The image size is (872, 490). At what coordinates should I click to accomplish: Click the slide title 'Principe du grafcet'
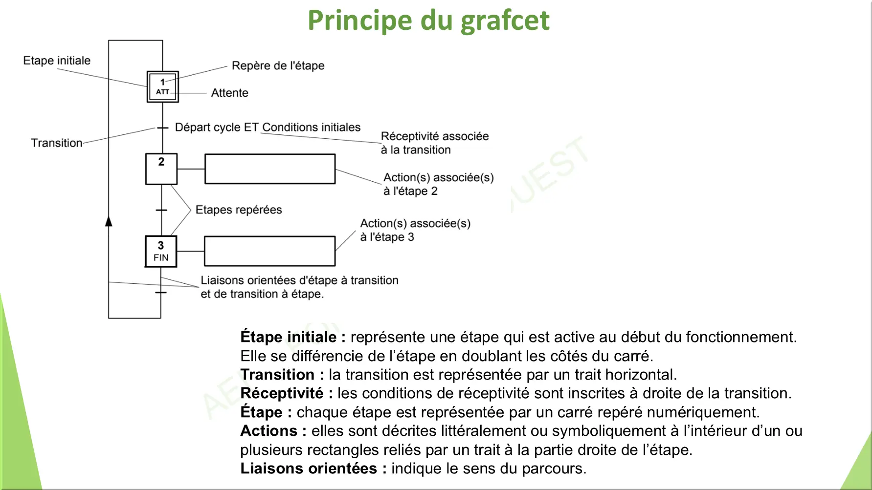pos(428,21)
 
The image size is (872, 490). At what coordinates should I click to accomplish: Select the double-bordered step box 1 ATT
pos(163,87)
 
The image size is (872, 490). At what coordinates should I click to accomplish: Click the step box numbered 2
pos(161,169)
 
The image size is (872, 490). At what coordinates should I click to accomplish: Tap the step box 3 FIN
pos(161,252)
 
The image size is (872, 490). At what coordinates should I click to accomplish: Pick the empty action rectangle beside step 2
pos(270,169)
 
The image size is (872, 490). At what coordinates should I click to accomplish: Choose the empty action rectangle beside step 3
pos(269,251)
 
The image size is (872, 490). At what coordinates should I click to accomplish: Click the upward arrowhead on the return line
pos(109,222)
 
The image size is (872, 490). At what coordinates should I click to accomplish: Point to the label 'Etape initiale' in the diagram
pos(57,61)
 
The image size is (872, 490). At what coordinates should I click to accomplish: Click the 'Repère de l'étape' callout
pos(278,65)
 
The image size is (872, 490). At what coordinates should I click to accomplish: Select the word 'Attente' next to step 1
pos(229,93)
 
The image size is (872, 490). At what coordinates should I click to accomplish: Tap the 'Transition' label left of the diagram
pos(57,143)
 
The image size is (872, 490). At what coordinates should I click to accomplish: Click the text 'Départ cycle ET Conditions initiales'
pos(268,128)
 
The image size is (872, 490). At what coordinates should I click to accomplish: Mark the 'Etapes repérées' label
pos(239,210)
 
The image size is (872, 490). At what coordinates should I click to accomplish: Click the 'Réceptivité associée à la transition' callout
pos(434,143)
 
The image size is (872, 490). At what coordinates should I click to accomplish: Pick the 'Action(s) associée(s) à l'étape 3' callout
pos(415,230)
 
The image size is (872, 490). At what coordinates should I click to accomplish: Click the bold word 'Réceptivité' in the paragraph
pos(282,393)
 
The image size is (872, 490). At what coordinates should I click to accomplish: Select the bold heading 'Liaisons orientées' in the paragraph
pos(309,469)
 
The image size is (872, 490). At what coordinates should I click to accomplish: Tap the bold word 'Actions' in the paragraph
pos(268,431)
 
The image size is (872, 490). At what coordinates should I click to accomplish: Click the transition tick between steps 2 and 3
pos(161,210)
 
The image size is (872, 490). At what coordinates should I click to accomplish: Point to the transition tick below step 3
pos(161,293)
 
